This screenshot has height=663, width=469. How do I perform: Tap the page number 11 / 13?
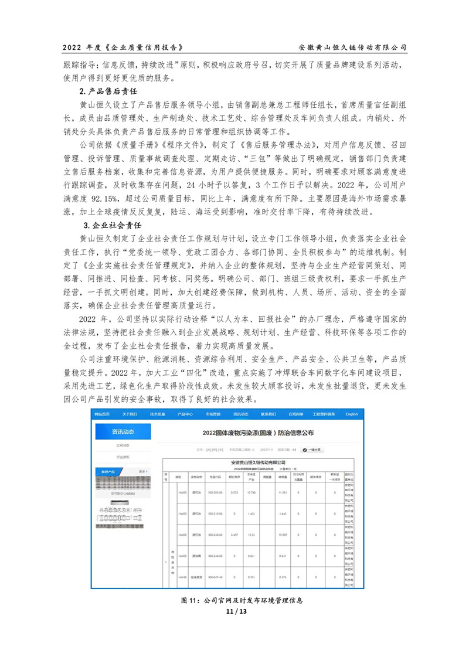[234, 611]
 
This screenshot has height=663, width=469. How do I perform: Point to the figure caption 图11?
[234, 601]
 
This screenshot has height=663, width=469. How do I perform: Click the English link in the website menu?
[351, 414]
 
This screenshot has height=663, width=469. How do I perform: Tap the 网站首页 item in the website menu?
[104, 414]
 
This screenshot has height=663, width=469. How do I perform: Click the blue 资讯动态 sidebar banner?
[123, 431]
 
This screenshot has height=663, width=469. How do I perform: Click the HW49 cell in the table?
[182, 577]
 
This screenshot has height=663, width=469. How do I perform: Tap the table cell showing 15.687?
[282, 535]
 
